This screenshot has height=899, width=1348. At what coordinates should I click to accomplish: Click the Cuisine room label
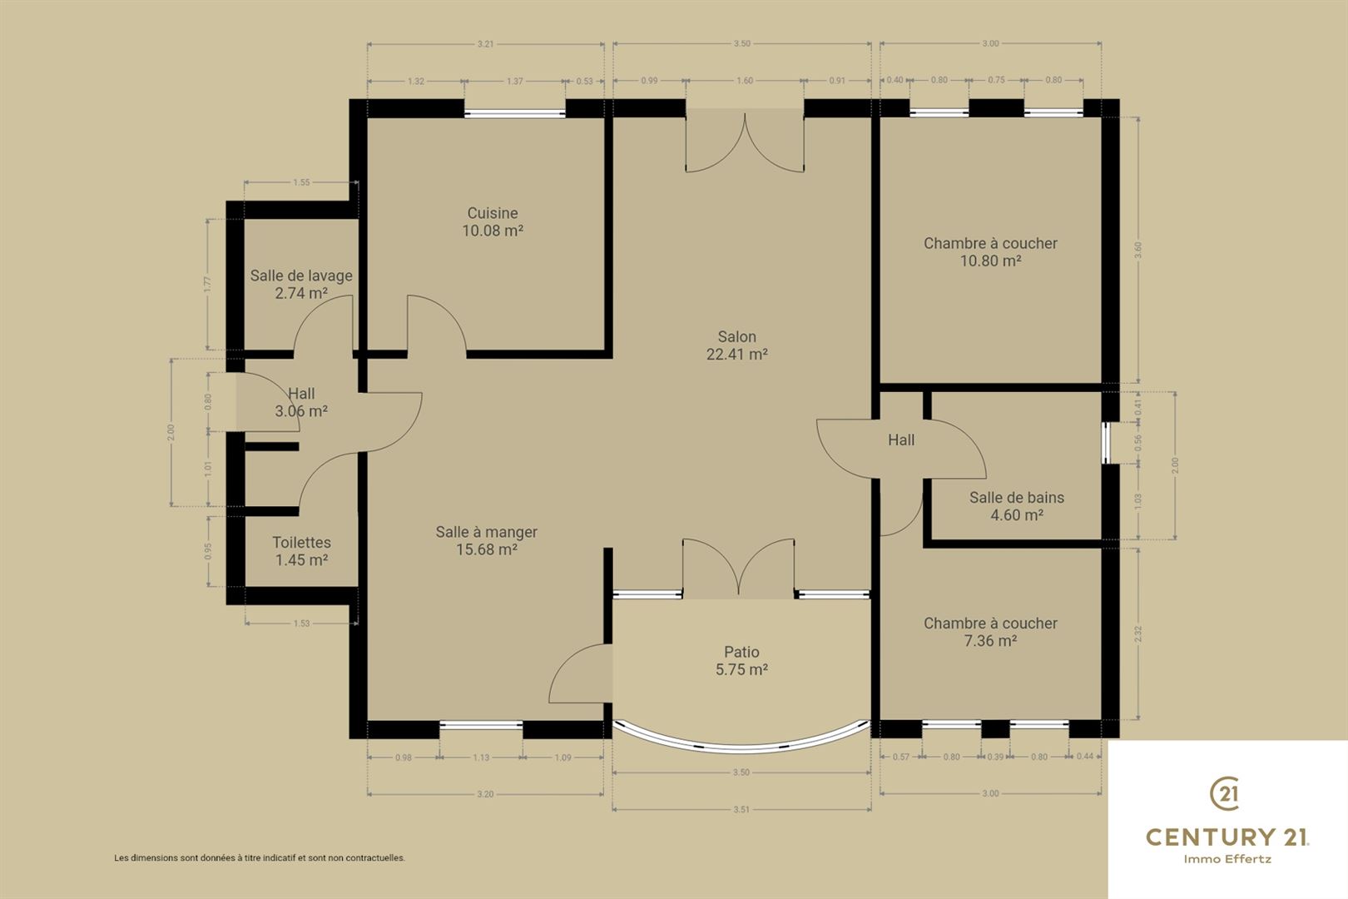click(493, 221)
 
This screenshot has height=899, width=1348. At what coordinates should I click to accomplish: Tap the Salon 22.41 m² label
click(737, 345)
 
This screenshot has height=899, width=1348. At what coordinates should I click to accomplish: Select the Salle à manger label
click(486, 540)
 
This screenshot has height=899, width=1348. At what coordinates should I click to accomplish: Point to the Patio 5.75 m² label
click(741, 660)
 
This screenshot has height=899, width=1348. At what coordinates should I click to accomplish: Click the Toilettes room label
click(301, 551)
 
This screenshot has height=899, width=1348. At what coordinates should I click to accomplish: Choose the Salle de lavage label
click(301, 284)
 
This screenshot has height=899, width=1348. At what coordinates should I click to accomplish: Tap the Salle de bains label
click(1017, 506)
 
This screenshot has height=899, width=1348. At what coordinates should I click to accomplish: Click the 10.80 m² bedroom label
click(990, 251)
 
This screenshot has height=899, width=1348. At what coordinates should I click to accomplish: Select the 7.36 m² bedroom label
click(990, 632)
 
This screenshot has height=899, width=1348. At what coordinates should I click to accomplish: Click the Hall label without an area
click(901, 440)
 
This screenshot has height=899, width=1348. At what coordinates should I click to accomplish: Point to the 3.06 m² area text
click(301, 411)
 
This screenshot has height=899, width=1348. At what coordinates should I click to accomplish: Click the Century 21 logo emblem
click(1224, 793)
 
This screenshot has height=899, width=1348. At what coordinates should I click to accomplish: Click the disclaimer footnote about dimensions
click(260, 857)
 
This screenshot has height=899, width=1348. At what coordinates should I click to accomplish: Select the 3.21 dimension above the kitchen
click(485, 44)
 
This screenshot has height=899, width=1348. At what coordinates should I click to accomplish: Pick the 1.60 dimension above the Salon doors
click(745, 81)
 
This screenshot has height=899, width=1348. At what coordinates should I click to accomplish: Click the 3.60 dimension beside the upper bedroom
click(1138, 250)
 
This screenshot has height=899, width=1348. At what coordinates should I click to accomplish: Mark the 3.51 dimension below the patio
click(741, 809)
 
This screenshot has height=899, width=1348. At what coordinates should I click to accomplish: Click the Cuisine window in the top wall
click(514, 113)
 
